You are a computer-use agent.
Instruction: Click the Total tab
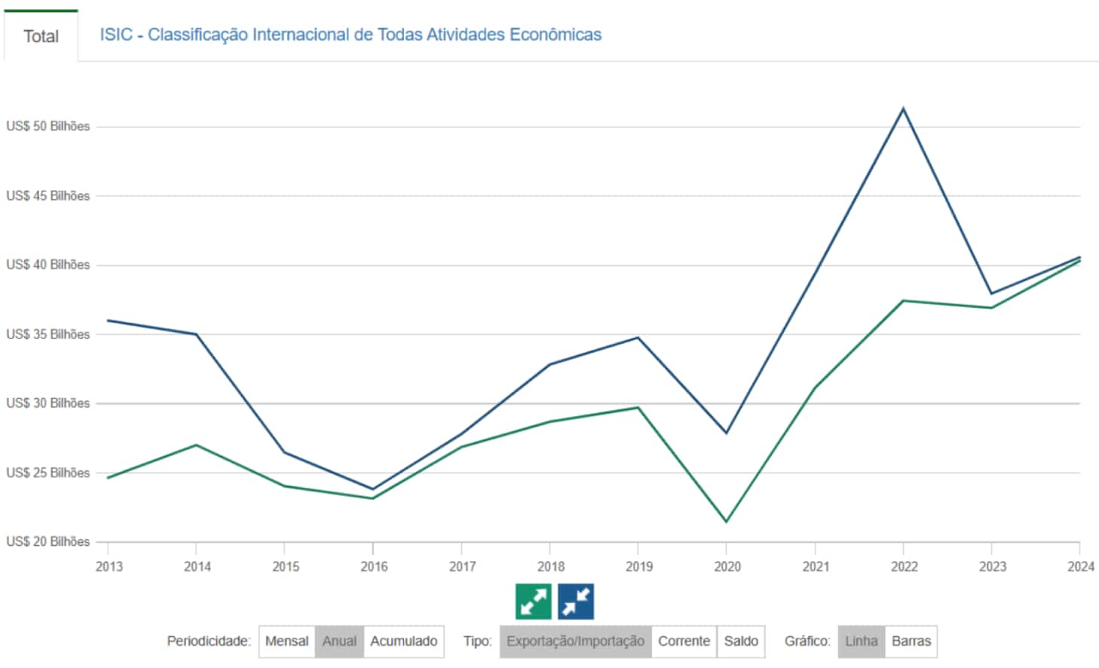coord(41,36)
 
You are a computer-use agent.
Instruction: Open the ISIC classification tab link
coord(351,35)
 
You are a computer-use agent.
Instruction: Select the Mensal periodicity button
coord(286,641)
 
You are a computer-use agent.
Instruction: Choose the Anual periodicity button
coord(339,641)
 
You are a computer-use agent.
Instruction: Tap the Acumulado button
coord(403,641)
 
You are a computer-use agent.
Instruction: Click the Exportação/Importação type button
coord(575,641)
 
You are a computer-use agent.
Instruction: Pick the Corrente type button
coord(684,641)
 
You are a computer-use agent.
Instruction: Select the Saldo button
coord(741,641)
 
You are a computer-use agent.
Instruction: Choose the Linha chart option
coord(861,641)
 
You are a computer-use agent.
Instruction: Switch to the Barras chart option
coord(911,641)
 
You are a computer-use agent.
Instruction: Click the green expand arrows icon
coord(534,602)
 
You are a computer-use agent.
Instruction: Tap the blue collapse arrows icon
coord(576,602)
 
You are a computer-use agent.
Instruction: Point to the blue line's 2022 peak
coord(903,109)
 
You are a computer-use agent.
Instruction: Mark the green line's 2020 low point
coord(726,522)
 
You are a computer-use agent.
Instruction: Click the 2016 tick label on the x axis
coord(374,566)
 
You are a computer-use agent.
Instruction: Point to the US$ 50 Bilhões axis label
coord(48,126)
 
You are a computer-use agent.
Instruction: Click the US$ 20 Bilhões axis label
coord(48,541)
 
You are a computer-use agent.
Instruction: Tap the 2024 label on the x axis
coord(1080,566)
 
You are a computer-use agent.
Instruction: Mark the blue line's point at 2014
coord(196,334)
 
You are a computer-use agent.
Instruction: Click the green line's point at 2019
coord(638,407)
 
